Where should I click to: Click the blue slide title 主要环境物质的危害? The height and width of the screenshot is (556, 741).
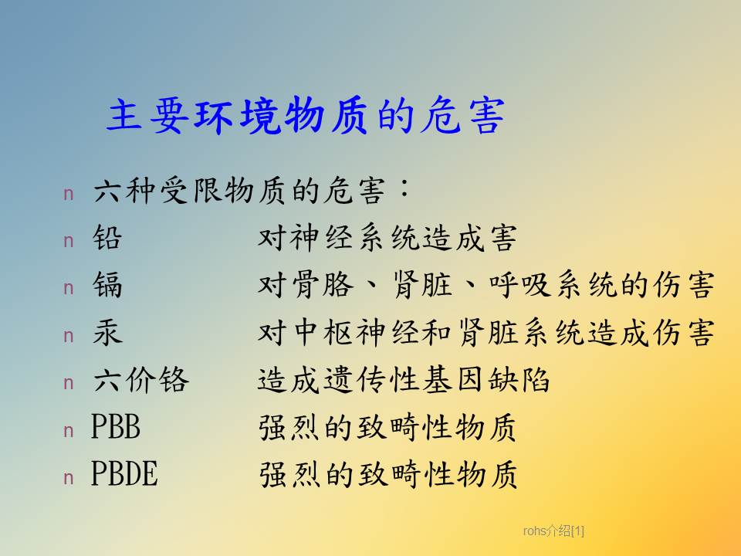coord(306,115)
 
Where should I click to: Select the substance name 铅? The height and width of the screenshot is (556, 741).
coord(107,237)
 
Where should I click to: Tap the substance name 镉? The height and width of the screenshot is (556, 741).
coord(107,285)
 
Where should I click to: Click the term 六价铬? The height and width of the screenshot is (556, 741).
coord(140,379)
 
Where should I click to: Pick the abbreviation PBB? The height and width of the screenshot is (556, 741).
coord(116,427)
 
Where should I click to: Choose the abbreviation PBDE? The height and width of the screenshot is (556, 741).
coord(124,473)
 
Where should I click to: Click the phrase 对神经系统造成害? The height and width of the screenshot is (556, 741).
coord(387,237)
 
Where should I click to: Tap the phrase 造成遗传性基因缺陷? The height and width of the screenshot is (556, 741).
coord(404,379)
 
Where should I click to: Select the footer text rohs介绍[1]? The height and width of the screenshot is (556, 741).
coord(553,531)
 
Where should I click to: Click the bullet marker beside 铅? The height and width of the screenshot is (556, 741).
coord(69,241)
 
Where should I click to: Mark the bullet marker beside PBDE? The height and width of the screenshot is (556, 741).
coord(69,478)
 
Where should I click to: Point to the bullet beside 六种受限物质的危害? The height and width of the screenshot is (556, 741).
coord(69,194)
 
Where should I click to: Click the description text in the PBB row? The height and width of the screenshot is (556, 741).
coord(387,427)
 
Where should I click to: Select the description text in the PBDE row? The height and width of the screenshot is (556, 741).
coord(387,474)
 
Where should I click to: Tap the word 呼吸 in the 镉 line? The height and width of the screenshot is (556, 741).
coord(519,285)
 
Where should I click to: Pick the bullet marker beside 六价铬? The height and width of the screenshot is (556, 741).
coord(69,383)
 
